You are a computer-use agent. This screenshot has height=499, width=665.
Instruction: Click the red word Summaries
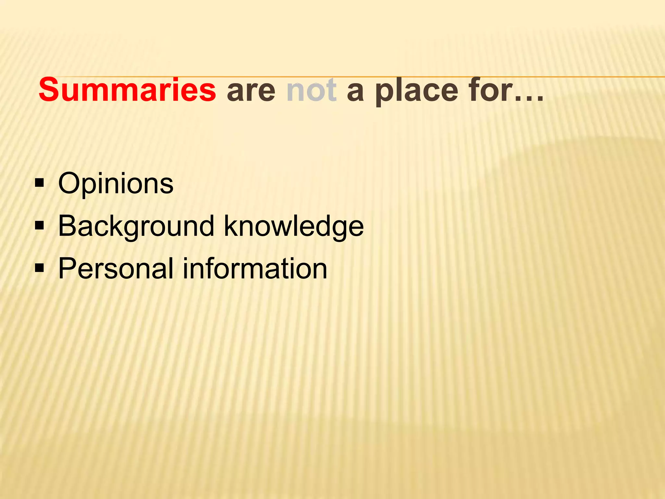pos(127,90)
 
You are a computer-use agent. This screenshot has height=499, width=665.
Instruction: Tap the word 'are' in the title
pos(251,91)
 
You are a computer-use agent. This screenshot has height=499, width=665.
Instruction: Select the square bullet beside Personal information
pos(39,268)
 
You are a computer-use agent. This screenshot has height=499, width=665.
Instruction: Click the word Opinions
pos(116,184)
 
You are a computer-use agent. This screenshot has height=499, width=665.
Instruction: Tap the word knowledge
pos(294,226)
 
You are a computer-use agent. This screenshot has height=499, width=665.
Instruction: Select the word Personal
pos(116,268)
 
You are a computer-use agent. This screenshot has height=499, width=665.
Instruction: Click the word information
pos(255,268)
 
